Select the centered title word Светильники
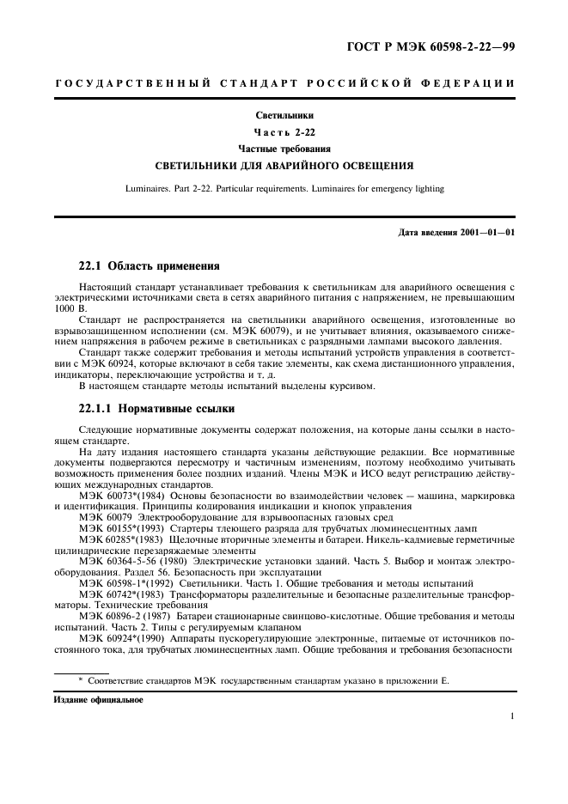pyautogui.click(x=284, y=114)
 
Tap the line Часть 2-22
pyautogui.click(x=284, y=131)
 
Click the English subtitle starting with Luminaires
pyautogui.click(x=284, y=188)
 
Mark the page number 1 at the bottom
pyautogui.click(x=511, y=716)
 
